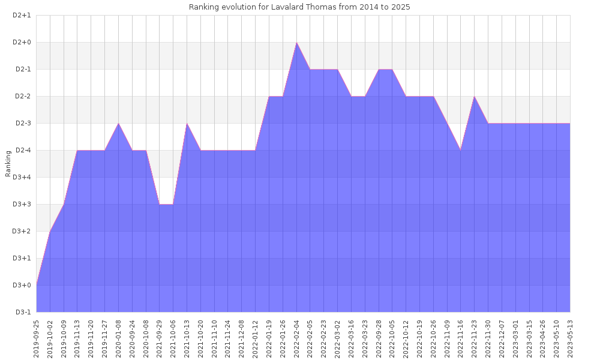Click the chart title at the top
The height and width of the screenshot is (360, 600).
[299, 7]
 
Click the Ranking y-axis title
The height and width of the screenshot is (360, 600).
[8, 164]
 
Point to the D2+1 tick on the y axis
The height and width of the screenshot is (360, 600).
[22, 15]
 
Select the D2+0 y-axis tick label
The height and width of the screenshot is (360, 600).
[22, 42]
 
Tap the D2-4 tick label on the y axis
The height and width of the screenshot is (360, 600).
[23, 150]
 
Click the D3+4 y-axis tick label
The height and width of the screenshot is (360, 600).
[22, 177]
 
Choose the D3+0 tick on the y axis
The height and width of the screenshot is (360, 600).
[22, 285]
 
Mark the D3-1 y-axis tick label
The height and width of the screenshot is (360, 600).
[23, 312]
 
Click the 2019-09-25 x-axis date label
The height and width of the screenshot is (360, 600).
[37, 338]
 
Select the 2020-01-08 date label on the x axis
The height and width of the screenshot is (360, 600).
[119, 338]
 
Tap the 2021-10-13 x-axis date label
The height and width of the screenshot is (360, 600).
[187, 338]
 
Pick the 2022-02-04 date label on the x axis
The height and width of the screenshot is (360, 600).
[296, 338]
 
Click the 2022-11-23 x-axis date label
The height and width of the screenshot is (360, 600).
[475, 338]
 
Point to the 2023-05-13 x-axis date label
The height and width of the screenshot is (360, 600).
[570, 338]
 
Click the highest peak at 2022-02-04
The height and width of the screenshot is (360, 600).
[296, 43]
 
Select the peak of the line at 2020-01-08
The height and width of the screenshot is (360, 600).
[119, 124]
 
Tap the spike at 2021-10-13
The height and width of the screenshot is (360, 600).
[187, 124]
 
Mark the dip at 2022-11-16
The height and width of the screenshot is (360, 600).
[461, 150]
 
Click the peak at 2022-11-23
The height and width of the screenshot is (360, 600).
[475, 97]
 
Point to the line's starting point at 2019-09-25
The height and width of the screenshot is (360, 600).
[37, 284]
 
